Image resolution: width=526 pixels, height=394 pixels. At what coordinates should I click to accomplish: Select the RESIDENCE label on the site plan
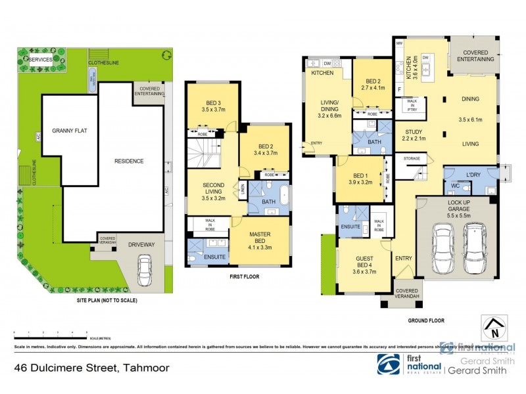click(x=130, y=161)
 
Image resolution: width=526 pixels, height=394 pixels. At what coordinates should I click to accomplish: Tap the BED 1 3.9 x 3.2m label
click(x=359, y=179)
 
